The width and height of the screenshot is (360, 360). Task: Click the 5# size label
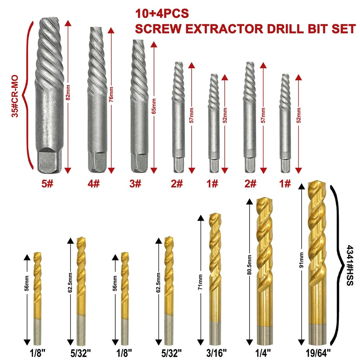(x=47, y=184)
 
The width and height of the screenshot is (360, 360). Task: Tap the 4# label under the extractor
(x=94, y=184)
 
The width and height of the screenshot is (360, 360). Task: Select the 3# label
(x=135, y=184)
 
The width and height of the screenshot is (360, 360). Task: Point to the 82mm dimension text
(x=68, y=93)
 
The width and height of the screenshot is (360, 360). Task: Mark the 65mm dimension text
(x=154, y=106)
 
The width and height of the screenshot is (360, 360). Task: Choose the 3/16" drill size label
(x=216, y=353)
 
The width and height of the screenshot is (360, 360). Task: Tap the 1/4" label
(x=263, y=353)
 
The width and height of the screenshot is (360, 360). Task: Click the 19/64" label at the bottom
(x=318, y=353)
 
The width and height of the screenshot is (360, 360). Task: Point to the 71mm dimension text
(x=201, y=282)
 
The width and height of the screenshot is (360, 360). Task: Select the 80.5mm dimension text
(x=249, y=265)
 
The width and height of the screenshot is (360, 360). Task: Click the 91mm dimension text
(x=301, y=260)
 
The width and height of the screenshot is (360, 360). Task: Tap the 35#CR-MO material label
(x=15, y=96)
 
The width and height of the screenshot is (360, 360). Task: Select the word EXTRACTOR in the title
(x=224, y=29)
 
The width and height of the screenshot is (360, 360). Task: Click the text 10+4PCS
(x=162, y=13)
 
